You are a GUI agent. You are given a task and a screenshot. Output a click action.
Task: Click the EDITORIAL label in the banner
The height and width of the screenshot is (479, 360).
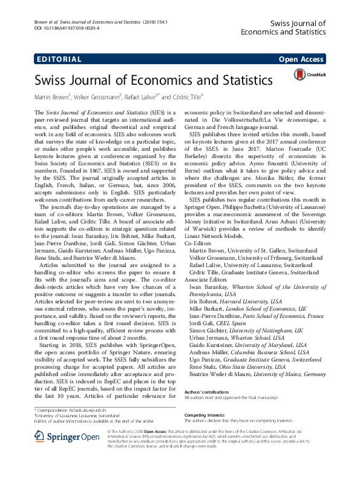[59, 59]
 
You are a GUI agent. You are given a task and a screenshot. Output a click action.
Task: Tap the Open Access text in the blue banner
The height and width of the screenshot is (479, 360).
[301, 59]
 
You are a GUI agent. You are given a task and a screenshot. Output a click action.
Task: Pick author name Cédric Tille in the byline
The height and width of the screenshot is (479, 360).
[185, 96]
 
